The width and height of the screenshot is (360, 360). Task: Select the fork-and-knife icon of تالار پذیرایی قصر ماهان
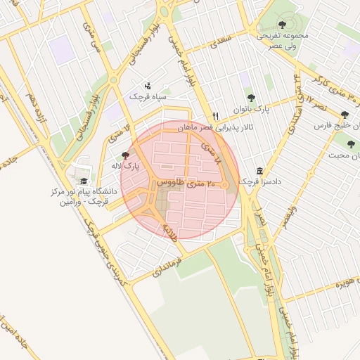216,116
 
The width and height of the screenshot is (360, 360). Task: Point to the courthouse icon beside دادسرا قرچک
259,170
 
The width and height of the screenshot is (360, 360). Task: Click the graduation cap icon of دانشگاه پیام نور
84,181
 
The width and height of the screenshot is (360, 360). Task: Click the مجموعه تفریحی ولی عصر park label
284,39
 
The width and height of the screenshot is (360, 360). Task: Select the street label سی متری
89,35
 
